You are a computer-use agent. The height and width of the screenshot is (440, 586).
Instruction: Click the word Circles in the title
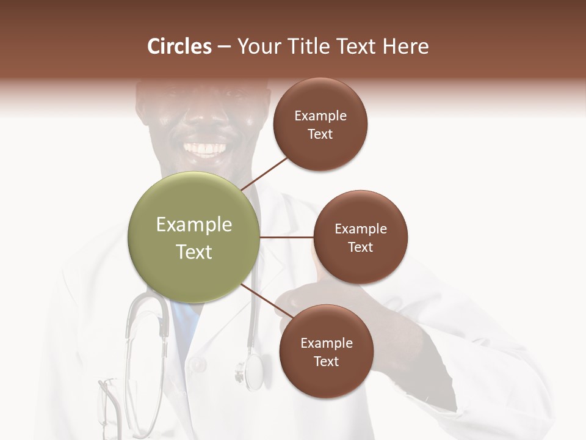(179, 46)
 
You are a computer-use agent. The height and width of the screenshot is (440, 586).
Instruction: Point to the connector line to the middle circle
(286, 237)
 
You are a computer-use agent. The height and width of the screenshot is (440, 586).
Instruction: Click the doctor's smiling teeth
(204, 148)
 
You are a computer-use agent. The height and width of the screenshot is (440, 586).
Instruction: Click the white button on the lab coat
(197, 365)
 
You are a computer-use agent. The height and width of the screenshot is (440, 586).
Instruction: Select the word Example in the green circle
(194, 225)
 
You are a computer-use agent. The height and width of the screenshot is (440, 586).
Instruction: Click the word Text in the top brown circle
(320, 134)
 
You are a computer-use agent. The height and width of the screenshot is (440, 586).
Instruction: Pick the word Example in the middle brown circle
(361, 229)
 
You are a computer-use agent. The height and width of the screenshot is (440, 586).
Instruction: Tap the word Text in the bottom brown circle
(327, 362)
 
